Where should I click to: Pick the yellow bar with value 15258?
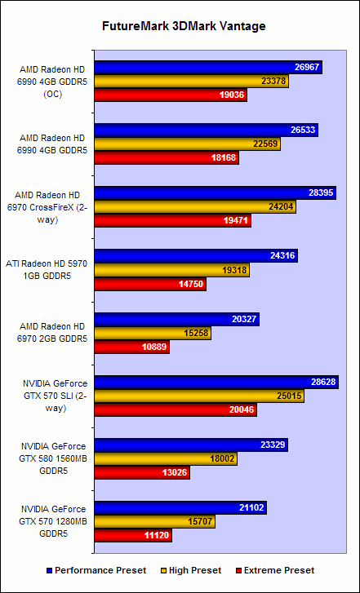point(147,333)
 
